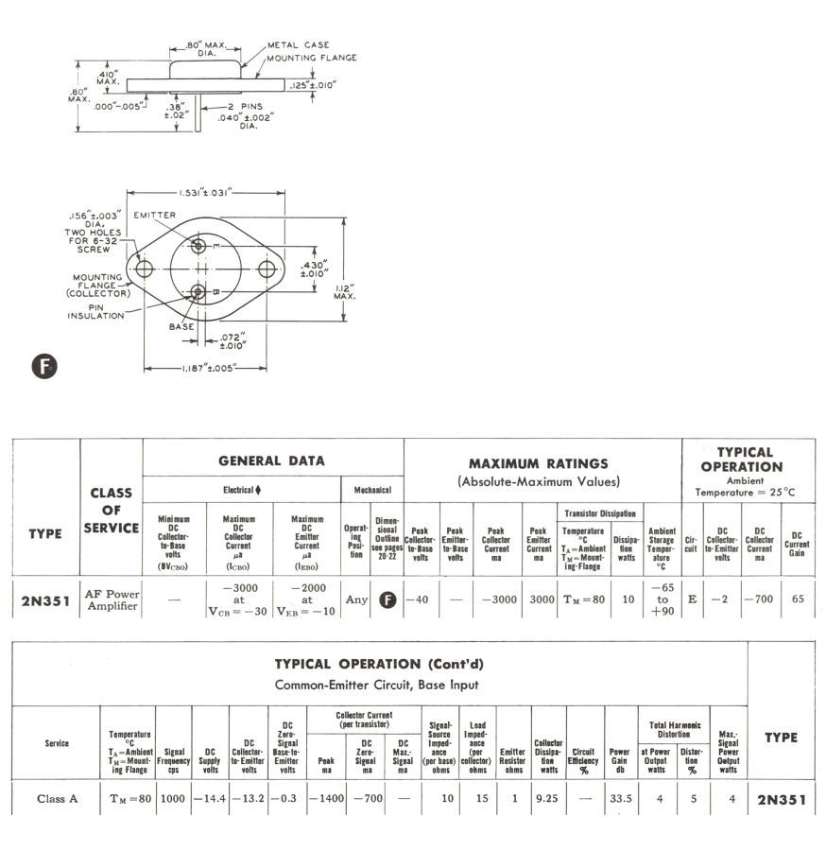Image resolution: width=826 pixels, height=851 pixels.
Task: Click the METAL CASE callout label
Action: click(299, 44)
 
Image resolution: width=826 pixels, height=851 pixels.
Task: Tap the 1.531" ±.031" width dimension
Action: click(205, 193)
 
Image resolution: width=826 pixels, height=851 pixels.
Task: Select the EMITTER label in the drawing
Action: click(155, 216)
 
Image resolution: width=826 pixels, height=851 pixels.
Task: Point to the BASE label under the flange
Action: click(181, 326)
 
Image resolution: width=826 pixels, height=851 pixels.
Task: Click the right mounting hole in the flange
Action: click(267, 269)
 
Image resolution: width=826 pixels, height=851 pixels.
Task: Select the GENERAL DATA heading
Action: click(271, 461)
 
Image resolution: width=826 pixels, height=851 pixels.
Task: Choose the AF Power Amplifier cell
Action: click(112, 599)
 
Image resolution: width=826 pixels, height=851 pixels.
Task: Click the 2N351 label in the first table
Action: click(44, 600)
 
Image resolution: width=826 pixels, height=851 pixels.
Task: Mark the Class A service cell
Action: click(57, 799)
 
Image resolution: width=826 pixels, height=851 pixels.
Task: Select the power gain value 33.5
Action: click(619, 799)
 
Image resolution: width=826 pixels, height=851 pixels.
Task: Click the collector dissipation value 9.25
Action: click(548, 799)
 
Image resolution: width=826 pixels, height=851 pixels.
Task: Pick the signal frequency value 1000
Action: click(174, 799)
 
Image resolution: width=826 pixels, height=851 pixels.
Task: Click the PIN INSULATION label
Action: click(95, 310)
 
